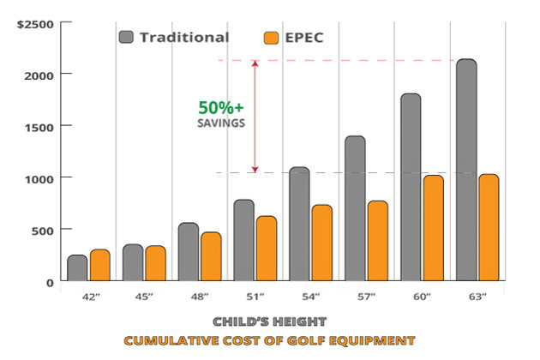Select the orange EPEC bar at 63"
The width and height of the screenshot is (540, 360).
click(x=489, y=227)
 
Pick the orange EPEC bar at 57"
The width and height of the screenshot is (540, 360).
click(x=378, y=240)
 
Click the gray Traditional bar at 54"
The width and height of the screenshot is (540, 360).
click(x=299, y=224)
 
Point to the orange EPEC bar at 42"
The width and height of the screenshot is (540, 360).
click(x=100, y=265)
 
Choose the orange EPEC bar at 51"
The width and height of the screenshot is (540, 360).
click(x=267, y=248)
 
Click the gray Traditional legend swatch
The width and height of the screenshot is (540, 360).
click(x=127, y=37)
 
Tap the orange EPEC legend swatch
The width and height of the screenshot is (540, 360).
click(x=272, y=38)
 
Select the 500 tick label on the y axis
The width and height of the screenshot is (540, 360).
click(x=44, y=230)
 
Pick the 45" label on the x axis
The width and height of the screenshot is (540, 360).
click(x=144, y=296)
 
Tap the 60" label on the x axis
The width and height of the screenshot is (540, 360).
click(x=422, y=296)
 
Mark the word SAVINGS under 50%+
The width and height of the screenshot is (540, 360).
click(x=220, y=123)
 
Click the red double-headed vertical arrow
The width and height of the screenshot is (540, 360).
click(x=255, y=116)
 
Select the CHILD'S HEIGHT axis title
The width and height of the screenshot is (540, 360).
click(x=269, y=322)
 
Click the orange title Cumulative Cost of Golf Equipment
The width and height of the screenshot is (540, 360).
click(x=269, y=340)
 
